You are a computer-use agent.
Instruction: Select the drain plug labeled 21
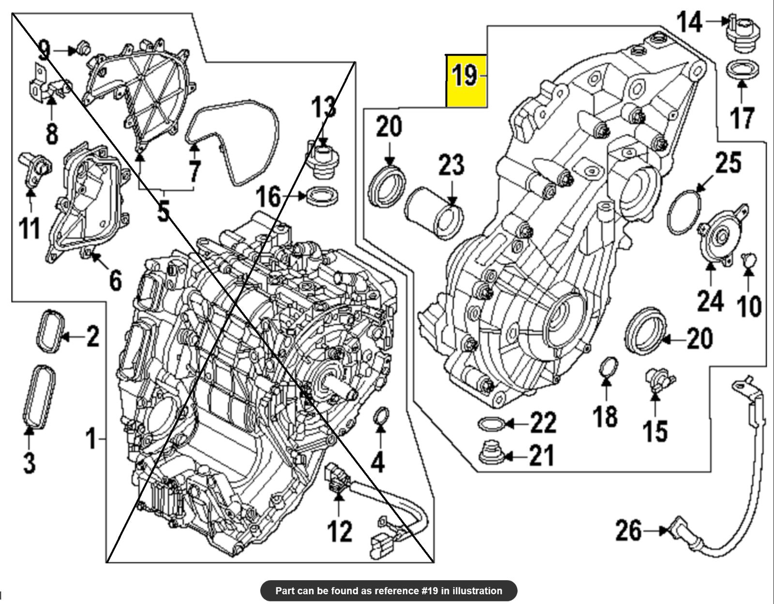coord(490,453)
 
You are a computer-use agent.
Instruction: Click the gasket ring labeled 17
coord(742,69)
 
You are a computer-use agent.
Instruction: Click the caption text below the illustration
coord(388,590)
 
